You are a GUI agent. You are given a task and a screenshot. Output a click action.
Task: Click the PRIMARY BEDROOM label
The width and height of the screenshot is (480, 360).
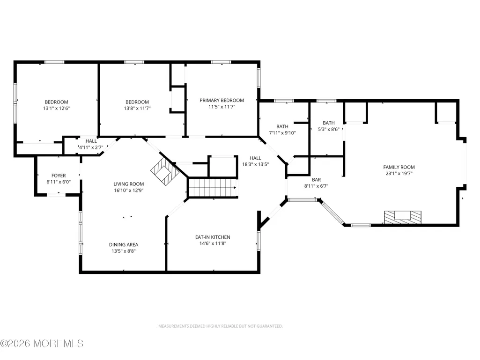tap(222, 100)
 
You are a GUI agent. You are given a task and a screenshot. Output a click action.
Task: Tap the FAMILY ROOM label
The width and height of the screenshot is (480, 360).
tap(399, 167)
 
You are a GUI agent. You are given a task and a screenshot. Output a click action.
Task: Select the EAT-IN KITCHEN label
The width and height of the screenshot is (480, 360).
tap(213, 237)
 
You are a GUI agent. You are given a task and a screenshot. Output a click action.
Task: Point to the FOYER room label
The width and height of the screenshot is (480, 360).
tap(59, 176)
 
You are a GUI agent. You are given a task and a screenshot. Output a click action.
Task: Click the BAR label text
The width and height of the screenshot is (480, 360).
tap(316, 180)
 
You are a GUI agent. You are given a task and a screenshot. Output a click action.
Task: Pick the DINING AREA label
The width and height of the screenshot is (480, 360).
tap(124, 244)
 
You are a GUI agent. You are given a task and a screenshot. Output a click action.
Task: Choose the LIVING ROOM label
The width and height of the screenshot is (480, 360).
tap(129, 184)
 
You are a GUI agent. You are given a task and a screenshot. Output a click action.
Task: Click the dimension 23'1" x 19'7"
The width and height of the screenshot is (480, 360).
tap(399, 174)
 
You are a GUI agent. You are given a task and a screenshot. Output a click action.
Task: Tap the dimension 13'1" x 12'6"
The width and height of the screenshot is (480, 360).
tap(56, 108)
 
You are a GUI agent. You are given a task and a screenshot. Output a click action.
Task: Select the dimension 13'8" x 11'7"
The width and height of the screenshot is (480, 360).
tap(137, 108)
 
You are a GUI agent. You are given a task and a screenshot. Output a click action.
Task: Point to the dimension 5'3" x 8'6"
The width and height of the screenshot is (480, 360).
tap(328, 130)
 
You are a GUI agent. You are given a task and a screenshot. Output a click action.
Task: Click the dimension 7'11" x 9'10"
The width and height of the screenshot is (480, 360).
tap(282, 133)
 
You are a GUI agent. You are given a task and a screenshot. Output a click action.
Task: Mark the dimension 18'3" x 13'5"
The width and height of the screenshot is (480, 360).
tap(255, 164)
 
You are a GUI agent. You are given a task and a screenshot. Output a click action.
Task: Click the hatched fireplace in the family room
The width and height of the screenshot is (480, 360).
tap(403, 217)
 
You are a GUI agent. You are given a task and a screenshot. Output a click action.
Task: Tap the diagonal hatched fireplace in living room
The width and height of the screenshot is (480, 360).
tap(165, 172)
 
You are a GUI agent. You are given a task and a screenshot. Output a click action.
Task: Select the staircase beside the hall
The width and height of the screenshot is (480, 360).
tap(213, 188)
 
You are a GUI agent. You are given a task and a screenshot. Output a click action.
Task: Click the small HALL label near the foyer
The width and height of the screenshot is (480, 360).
tap(91, 141)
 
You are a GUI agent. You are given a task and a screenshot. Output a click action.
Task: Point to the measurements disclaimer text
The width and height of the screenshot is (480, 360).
tap(220, 326)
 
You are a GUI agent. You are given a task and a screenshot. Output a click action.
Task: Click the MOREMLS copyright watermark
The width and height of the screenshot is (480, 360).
tap(42, 344)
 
